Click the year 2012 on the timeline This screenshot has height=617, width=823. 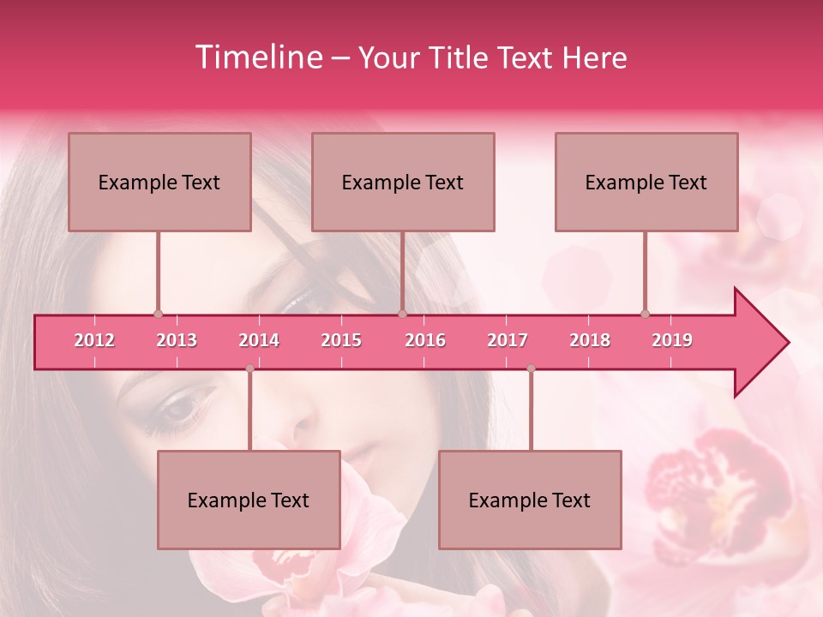coord(94,340)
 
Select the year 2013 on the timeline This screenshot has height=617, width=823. coord(177,340)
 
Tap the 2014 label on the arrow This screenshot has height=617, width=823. coord(259,340)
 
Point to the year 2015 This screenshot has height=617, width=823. coord(341,340)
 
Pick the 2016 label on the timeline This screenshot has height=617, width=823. coord(425,340)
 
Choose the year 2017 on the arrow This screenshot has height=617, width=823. coord(508,340)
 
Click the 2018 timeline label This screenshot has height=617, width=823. coord(590,340)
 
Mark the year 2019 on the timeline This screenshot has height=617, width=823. coord(672,340)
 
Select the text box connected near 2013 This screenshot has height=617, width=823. coord(159,182)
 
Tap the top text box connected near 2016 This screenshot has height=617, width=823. coord(403,182)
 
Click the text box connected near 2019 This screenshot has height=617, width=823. coord(646,182)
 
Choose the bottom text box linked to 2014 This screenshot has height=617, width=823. coord(249,500)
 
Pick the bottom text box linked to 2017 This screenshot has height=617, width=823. coord(530,500)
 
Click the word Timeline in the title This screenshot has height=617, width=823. coord(258,57)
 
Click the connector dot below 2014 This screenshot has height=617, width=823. coord(249,368)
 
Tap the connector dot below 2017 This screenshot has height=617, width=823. coord(531,368)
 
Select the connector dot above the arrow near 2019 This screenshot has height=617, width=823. coord(646,314)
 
